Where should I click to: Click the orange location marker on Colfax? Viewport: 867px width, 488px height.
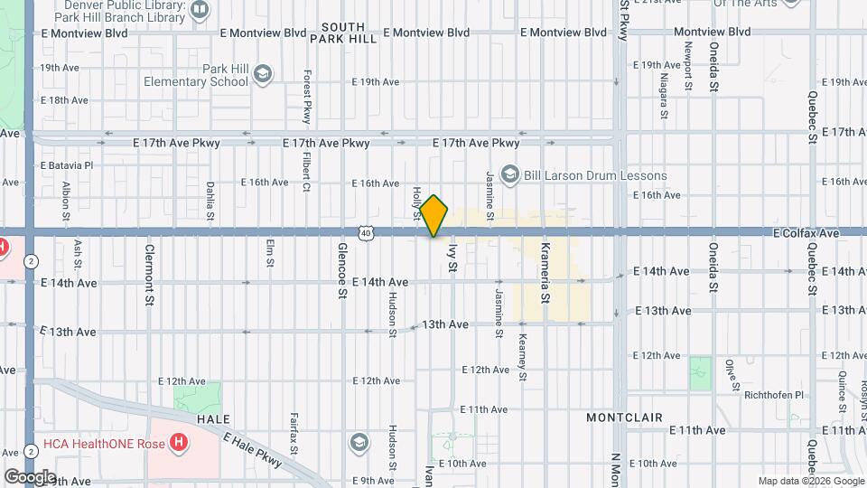pyautogui.click(x=433, y=216)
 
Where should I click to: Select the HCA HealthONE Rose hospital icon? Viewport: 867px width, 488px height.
pyautogui.click(x=180, y=443)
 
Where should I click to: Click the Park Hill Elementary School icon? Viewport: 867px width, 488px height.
pyautogui.click(x=263, y=74)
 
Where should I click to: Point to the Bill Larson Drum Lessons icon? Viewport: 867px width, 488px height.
pyautogui.click(x=509, y=174)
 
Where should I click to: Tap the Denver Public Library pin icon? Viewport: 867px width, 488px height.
pyautogui.click(x=200, y=10)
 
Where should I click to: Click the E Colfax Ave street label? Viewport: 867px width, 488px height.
pyautogui.click(x=806, y=233)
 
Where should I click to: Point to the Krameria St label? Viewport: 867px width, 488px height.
pyautogui.click(x=545, y=270)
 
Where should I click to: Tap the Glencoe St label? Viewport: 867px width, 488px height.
pyautogui.click(x=342, y=269)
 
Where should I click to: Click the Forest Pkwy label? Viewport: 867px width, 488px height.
pyautogui.click(x=307, y=98)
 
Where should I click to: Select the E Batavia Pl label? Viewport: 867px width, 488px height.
pyautogui.click(x=66, y=166)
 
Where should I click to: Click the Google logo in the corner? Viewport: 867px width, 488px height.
pyautogui.click(x=29, y=476)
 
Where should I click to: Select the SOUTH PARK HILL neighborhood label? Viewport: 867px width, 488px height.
pyautogui.click(x=343, y=33)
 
